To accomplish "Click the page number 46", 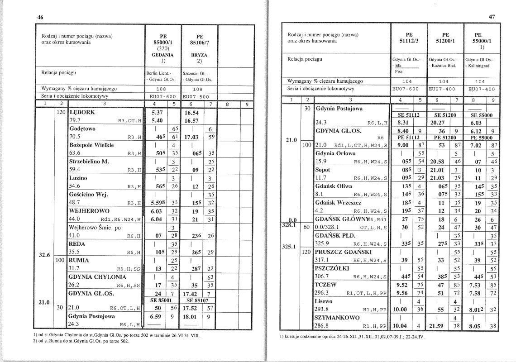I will tap(40, 17).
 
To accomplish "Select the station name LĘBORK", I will tap(82, 112).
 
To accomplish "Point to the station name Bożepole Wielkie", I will tap(91, 145).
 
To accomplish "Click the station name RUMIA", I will tap(79, 260).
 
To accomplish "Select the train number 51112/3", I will tap(409, 41).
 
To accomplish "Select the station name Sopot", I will tap(323, 170).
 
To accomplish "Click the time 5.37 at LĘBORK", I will tap(157, 112).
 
